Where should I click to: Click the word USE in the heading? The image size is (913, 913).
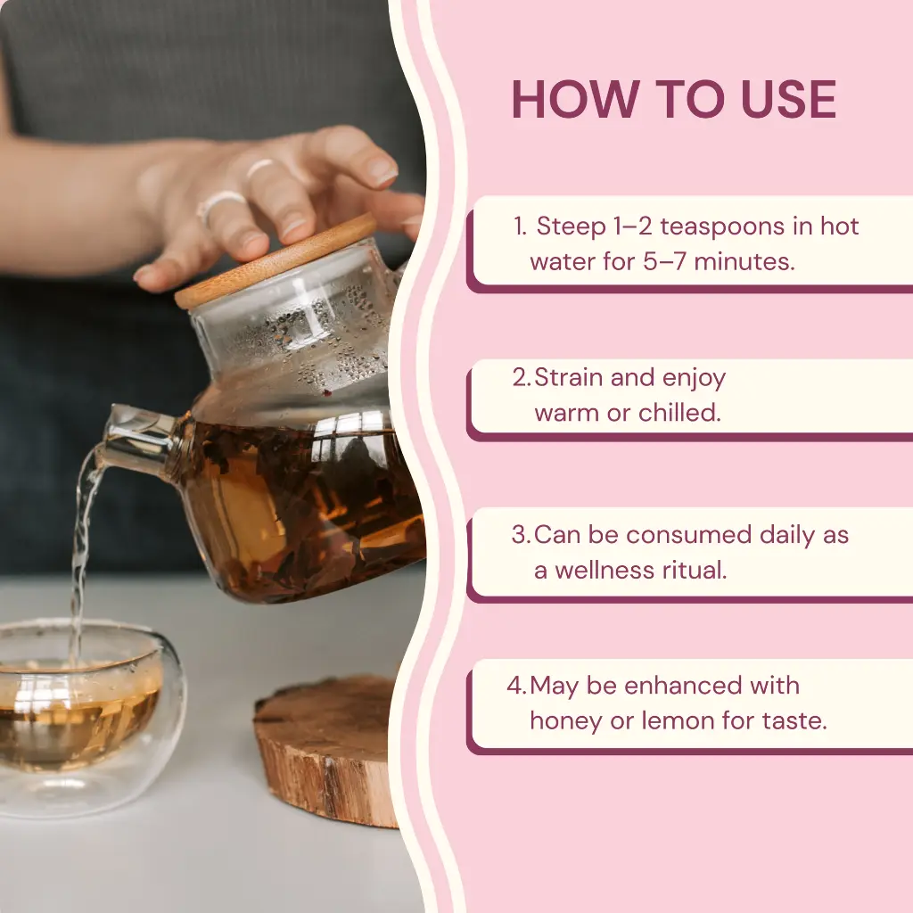coord(788,100)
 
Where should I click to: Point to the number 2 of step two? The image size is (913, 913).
coord(520,377)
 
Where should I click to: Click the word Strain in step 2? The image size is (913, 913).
coord(568,377)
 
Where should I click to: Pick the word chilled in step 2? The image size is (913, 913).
coord(679,412)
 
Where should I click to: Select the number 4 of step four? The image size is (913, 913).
coord(515,686)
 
